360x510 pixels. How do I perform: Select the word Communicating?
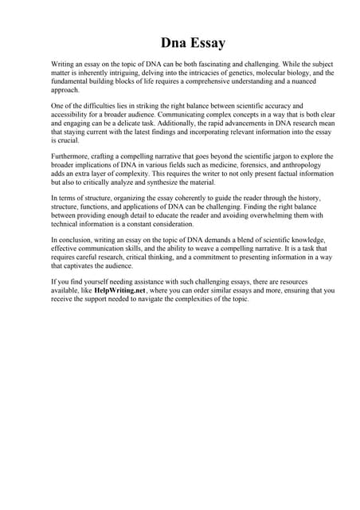pos(190,114)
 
